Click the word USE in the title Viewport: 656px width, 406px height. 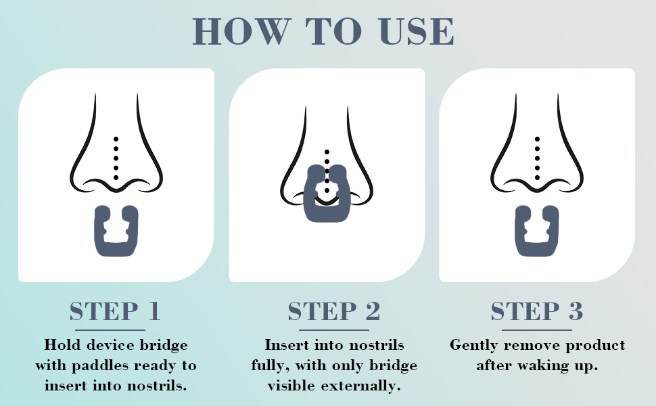(417, 31)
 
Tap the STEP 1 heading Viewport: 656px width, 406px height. (116, 311)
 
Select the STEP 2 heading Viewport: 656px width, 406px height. (334, 311)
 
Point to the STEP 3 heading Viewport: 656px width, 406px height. (537, 311)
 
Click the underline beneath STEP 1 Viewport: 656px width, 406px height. (116, 330)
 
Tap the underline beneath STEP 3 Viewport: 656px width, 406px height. (537, 330)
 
